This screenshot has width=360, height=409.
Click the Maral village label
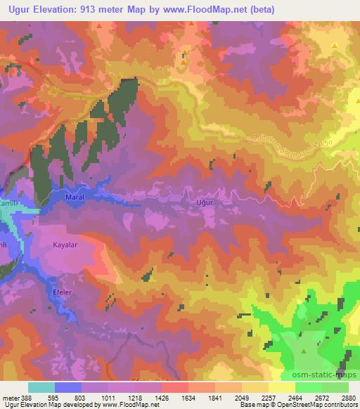[x=75, y=198]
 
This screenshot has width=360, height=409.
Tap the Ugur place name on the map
[x=205, y=202]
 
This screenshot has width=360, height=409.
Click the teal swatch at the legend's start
[x=41, y=387]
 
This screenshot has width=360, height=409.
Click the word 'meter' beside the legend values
[x=11, y=397]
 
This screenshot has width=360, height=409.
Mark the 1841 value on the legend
[x=215, y=397]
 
